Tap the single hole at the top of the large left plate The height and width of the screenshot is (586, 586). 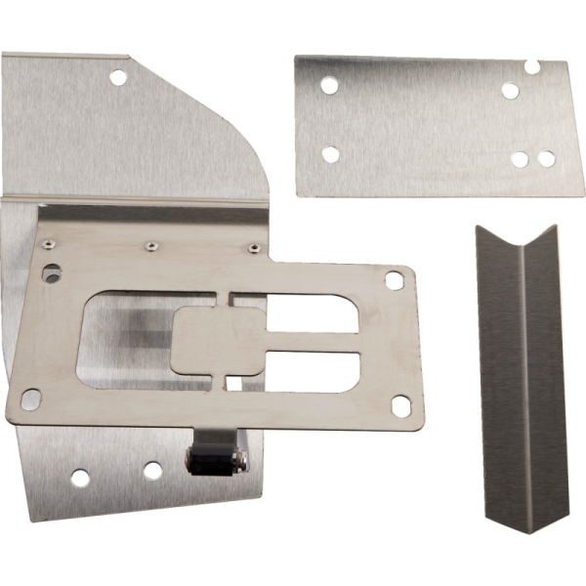click(117, 75)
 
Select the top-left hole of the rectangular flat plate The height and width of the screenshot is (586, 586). click(330, 86)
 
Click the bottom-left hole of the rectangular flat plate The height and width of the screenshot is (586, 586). click(330, 154)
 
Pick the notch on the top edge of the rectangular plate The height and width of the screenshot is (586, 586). click(531, 66)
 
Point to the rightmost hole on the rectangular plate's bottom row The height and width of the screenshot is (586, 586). click(546, 157)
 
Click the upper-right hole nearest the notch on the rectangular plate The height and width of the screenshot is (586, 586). click(510, 90)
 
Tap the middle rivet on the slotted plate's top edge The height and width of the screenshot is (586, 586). click(150, 245)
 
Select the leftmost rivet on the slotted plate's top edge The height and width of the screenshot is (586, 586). click(47, 242)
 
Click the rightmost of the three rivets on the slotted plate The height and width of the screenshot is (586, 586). click(253, 248)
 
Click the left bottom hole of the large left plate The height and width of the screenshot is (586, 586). click(79, 478)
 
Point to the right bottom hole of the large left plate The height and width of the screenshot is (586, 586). click(152, 470)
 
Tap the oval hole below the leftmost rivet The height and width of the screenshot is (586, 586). click(51, 265)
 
